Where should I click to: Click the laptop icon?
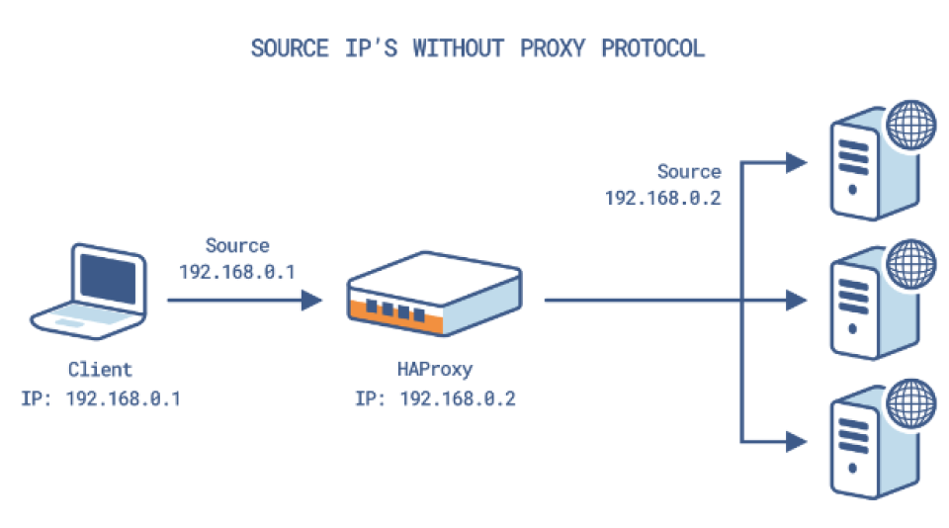(x=87, y=290)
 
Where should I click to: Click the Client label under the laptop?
(x=100, y=370)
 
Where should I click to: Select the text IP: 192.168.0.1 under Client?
(x=100, y=399)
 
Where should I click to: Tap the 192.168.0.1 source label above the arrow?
(x=237, y=270)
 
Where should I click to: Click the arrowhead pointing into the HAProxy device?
(x=312, y=299)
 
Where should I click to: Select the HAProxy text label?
(x=434, y=370)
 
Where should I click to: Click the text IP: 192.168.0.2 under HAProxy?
(x=434, y=399)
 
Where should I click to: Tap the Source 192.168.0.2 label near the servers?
(x=662, y=185)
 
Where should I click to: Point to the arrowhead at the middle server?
(x=797, y=299)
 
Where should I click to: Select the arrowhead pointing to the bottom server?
(x=797, y=438)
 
